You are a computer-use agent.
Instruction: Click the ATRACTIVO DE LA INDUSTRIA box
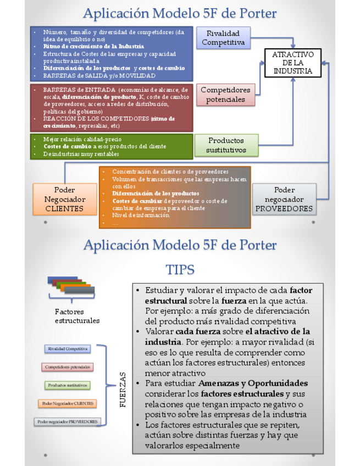click(293, 63)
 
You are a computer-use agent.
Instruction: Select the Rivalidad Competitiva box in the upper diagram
click(223, 38)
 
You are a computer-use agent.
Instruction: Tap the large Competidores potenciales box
click(225, 95)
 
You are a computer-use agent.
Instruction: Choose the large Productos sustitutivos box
click(226, 145)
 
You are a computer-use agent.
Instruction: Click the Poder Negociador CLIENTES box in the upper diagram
click(65, 199)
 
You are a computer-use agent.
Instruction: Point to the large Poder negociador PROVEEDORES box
click(284, 199)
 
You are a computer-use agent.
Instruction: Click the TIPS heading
click(180, 270)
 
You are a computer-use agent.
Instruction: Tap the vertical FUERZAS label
click(123, 389)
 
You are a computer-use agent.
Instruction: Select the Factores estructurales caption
click(77, 315)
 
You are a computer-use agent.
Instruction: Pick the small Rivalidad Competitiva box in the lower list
click(68, 349)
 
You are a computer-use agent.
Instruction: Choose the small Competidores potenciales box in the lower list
click(68, 367)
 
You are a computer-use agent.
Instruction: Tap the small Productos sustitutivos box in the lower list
click(68, 385)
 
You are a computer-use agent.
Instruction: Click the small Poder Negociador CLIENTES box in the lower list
click(68, 403)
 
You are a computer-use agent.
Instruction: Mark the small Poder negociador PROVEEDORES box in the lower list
click(68, 421)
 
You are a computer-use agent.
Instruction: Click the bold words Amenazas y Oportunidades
click(253, 383)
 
